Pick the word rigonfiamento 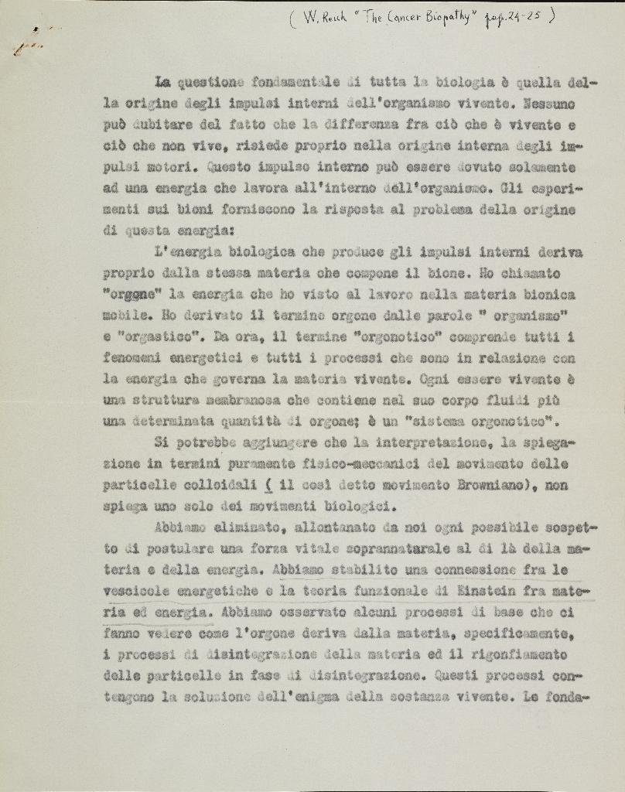(525, 655)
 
